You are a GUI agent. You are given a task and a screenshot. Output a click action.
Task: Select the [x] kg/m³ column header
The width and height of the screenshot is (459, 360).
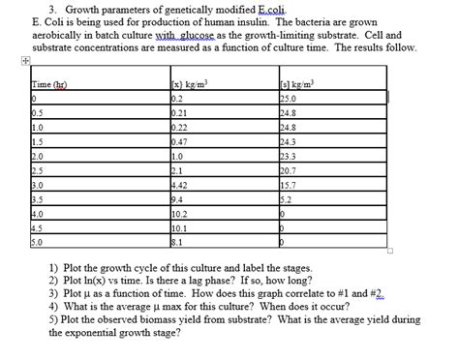[190, 87]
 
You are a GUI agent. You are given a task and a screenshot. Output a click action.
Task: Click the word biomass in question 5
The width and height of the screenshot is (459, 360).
[146, 318]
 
